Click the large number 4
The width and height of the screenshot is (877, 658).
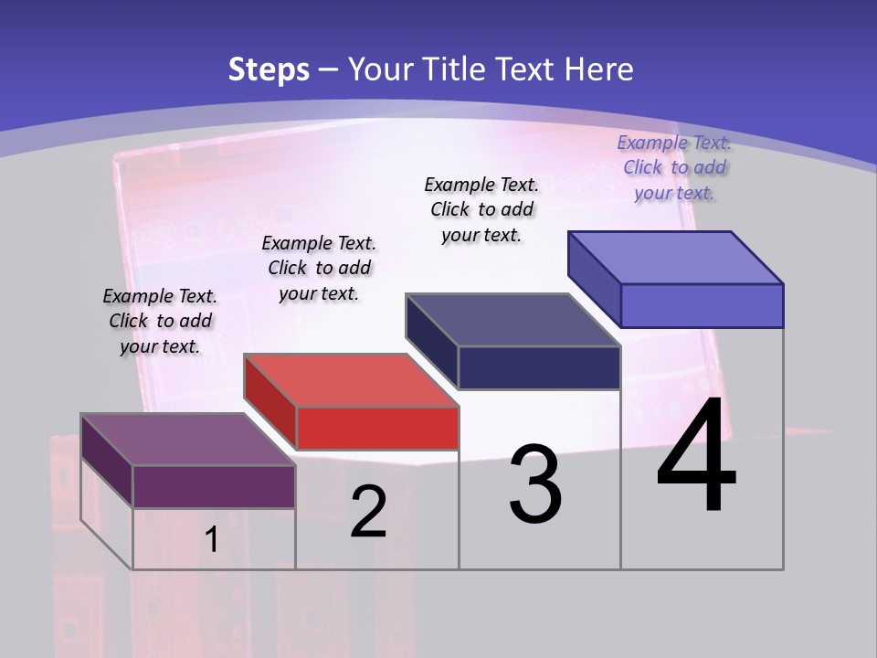[x=696, y=457]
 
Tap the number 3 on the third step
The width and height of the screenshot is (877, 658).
[x=535, y=483]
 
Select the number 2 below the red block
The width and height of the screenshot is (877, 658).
[x=368, y=512]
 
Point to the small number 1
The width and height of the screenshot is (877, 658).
[x=212, y=540]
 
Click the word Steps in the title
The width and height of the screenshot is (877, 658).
[x=269, y=69]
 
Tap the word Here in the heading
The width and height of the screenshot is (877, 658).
[x=599, y=69]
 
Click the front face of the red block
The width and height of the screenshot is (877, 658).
[x=377, y=428]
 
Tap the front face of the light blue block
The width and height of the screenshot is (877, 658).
[x=702, y=305]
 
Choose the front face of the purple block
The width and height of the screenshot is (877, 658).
[x=214, y=486]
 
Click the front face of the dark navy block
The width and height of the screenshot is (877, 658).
[x=539, y=367]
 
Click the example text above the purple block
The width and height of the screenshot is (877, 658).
[x=160, y=321]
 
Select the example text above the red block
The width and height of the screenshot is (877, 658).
[x=319, y=268]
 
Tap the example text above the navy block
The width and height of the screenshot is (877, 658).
[x=481, y=209]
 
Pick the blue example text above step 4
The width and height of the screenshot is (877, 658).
[x=674, y=167]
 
